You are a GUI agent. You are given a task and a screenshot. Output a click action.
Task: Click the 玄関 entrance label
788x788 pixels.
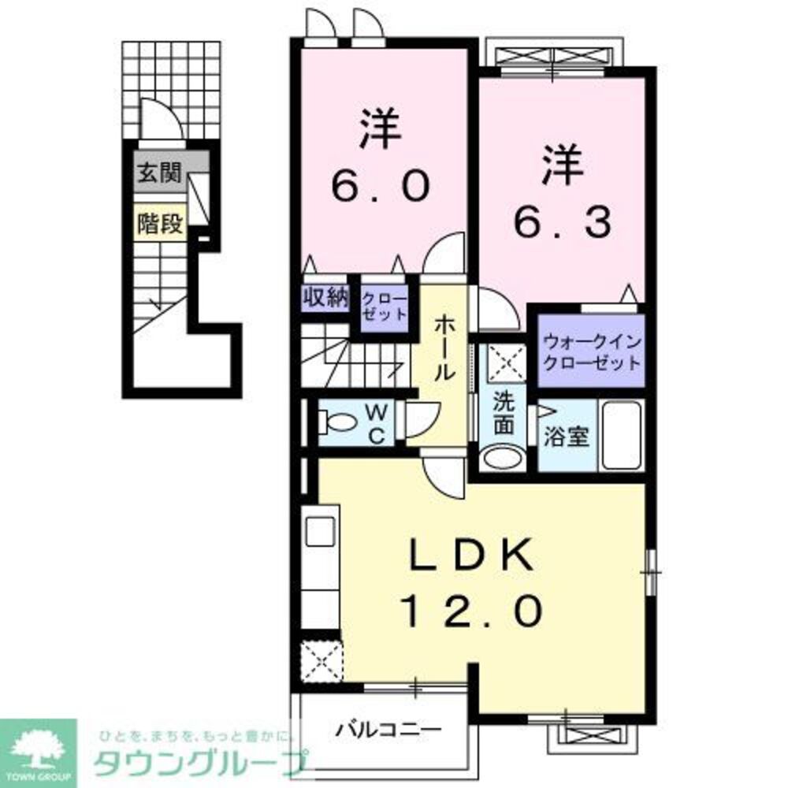pos(159,174)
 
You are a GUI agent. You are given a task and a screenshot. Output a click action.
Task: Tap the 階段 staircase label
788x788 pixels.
pos(159,224)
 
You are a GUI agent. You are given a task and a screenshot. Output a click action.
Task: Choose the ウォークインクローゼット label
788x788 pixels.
pos(591,353)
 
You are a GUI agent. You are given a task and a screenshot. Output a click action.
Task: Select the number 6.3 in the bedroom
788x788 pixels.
pos(563,224)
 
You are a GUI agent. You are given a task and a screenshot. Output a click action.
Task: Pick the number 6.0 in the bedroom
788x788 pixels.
pos(380,186)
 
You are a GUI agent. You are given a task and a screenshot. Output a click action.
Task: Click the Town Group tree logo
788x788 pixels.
pos(38,749)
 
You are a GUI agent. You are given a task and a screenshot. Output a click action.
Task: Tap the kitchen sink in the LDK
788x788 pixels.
pos(321,530)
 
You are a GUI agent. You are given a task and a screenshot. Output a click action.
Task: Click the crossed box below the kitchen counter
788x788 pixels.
pos(321,660)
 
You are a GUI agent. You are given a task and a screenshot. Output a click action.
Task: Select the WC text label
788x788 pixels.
pos(377,424)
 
